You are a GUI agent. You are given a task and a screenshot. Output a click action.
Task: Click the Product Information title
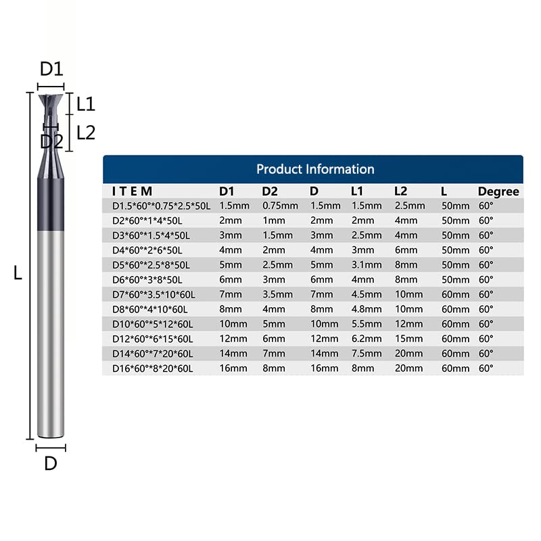[x=315, y=169]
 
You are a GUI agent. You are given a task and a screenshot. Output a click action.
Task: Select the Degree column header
[x=498, y=191]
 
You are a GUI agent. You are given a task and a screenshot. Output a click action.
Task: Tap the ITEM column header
[x=132, y=191]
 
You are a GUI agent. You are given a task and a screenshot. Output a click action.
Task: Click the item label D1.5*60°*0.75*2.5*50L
[x=161, y=206]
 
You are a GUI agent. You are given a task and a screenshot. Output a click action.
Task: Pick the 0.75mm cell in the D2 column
[x=280, y=206]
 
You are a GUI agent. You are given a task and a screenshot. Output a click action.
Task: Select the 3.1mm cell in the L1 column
[x=367, y=265]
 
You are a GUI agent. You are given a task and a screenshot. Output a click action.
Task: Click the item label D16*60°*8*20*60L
[x=153, y=369]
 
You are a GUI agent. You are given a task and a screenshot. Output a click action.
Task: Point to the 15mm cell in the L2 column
[x=409, y=339]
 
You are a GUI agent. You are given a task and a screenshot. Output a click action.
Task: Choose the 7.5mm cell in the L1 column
[x=367, y=354]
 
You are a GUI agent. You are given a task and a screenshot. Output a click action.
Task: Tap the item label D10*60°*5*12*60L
[x=153, y=325]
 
